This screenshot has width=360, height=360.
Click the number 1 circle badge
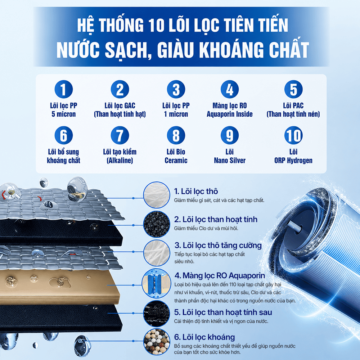pos(64,89)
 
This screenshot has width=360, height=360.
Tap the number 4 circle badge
pos(230,89)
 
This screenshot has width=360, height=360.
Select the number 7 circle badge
pos(120,135)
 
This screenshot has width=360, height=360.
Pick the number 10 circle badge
pos(293,135)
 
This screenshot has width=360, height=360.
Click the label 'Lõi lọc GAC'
pos(120,105)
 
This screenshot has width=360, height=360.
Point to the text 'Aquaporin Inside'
pos(230,114)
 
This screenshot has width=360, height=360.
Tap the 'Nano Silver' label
pos(230,160)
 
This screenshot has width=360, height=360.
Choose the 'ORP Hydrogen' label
pos(293,160)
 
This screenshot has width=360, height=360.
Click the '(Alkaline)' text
pos(120,160)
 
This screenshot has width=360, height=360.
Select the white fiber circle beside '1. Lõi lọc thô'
pos(157,195)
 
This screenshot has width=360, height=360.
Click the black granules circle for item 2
pos(157,224)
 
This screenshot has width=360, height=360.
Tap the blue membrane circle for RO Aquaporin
pos(156,284)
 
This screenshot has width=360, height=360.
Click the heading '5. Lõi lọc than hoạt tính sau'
pos(223,312)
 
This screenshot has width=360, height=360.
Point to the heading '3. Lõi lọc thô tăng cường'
pos(218,246)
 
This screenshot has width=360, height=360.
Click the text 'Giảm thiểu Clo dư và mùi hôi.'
pos(206,229)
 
